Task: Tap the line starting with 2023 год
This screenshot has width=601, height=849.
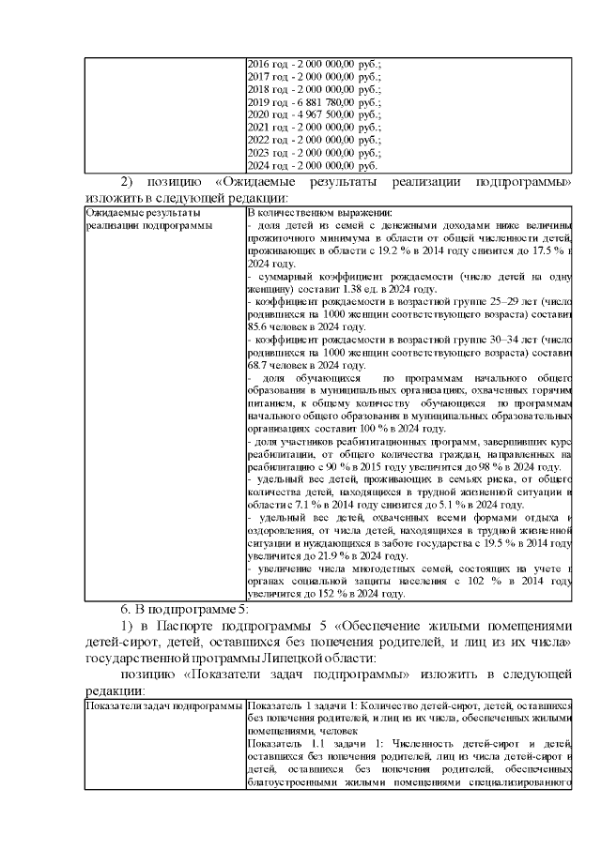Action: click(x=314, y=152)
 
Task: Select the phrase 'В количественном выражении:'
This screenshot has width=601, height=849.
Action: click(x=305, y=213)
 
